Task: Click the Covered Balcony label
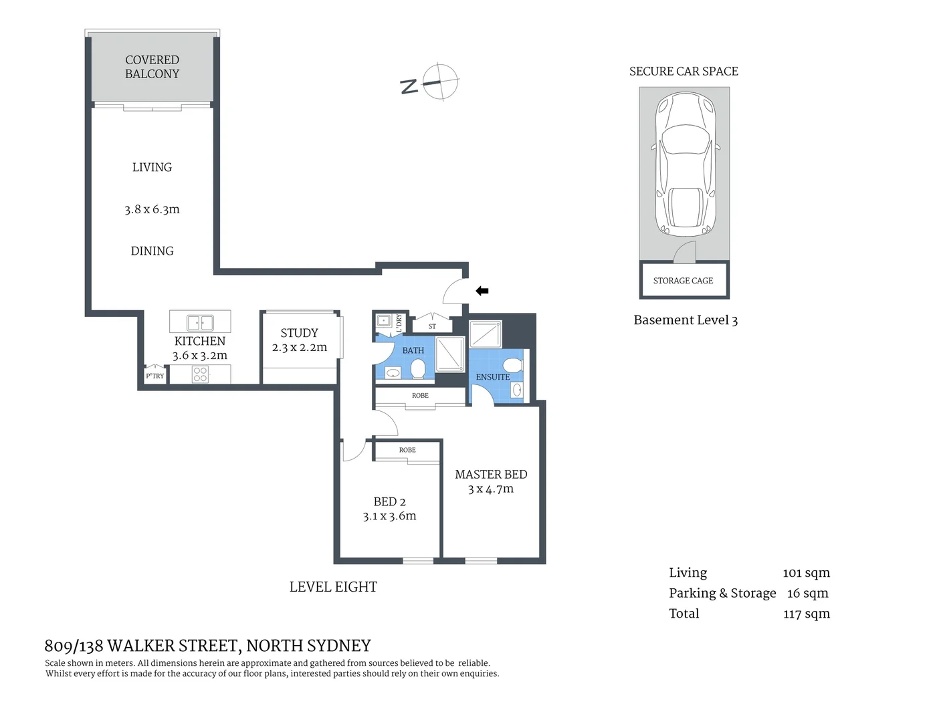152,67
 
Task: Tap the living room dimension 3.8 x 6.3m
152,209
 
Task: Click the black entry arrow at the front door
482,291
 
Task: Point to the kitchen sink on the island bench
200,322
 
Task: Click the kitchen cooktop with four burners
200,374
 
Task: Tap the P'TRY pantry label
154,376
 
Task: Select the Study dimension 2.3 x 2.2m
299,348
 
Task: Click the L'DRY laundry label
399,323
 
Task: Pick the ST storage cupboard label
432,326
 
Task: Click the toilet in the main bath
418,368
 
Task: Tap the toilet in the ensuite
512,365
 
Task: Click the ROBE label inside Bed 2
407,450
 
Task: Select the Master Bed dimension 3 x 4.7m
491,489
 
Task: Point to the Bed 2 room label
389,501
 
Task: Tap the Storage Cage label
683,281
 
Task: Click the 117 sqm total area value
806,614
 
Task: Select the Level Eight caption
333,587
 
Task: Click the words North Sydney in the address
308,646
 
